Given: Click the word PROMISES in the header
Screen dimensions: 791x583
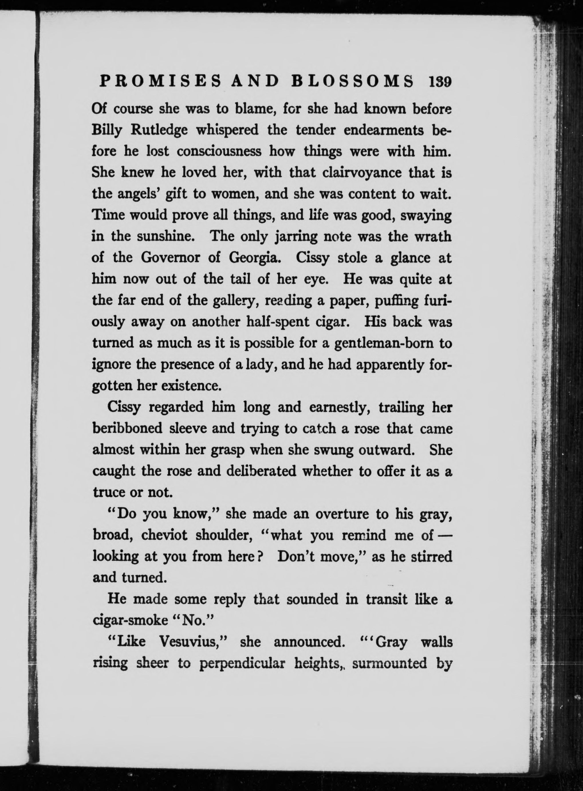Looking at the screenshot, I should tap(161, 82).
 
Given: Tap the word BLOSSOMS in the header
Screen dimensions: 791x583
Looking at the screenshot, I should tap(353, 82).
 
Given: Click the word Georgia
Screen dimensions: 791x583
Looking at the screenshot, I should tap(255, 258).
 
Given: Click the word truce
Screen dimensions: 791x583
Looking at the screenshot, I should tap(108, 493).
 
